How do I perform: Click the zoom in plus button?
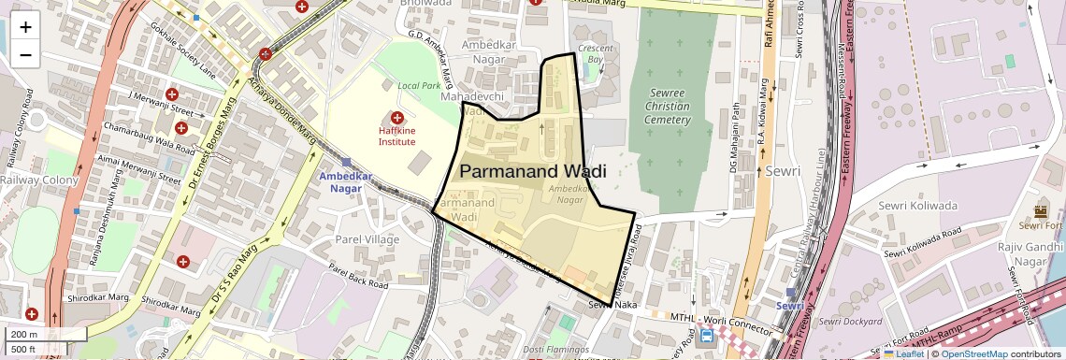pyautogui.click(x=25, y=27)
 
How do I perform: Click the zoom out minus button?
pyautogui.click(x=25, y=54)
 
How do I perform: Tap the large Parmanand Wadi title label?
pyautogui.click(x=533, y=172)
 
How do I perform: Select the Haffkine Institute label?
pyautogui.click(x=396, y=137)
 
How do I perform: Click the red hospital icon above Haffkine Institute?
pyautogui.click(x=396, y=118)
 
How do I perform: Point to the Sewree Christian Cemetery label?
pyautogui.click(x=668, y=106)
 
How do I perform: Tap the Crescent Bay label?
pyautogui.click(x=596, y=53)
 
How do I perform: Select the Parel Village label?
pyautogui.click(x=367, y=239)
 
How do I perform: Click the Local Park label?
pyautogui.click(x=418, y=86)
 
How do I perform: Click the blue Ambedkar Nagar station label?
pyautogui.click(x=345, y=181)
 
